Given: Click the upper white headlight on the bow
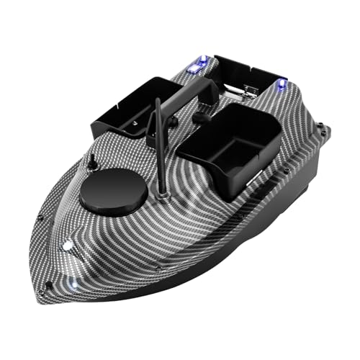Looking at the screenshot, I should click(x=68, y=246).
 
